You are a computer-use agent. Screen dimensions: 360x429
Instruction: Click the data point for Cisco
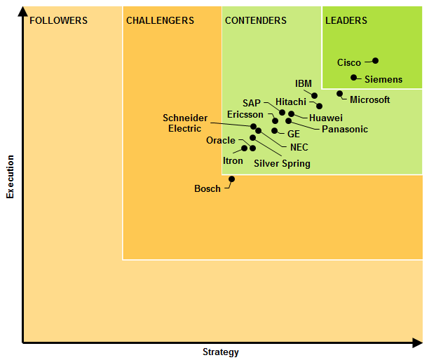click(376, 61)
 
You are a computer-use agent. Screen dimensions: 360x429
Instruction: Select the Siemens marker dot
click(354, 78)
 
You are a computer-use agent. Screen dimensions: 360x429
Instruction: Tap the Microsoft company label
click(369, 100)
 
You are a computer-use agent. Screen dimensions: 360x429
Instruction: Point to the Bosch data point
click(232, 179)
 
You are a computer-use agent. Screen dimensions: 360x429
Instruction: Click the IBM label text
click(304, 84)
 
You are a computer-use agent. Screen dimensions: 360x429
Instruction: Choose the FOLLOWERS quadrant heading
click(59, 21)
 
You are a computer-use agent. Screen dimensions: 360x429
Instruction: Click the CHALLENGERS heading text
click(160, 21)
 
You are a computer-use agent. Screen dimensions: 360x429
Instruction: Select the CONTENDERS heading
click(256, 21)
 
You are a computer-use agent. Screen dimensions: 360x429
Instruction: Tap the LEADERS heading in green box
click(346, 21)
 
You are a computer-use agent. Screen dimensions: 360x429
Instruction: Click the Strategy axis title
click(221, 352)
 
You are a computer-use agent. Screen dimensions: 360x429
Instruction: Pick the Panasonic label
click(345, 130)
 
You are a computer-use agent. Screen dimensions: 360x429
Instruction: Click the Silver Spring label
click(282, 164)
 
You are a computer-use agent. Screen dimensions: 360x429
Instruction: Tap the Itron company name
click(233, 161)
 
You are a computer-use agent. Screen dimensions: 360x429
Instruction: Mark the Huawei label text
click(326, 118)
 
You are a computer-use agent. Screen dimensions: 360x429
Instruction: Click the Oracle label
click(221, 141)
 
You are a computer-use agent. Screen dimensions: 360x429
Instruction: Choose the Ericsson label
click(245, 114)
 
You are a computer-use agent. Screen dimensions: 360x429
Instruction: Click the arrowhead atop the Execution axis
click(24, 12)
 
